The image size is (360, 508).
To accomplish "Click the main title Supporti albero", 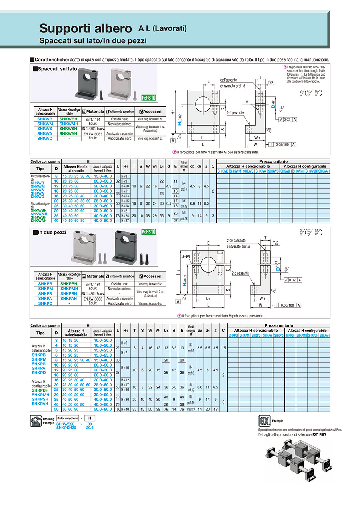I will click(x=86, y=29).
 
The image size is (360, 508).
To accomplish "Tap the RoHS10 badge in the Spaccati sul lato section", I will click(x=148, y=98).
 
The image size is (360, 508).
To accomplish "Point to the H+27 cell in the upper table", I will click(x=124, y=221).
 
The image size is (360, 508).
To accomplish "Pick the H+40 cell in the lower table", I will click(x=125, y=410).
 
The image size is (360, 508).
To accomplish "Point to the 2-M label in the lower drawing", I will click(x=186, y=256).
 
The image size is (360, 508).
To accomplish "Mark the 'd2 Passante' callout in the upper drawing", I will click(x=229, y=80).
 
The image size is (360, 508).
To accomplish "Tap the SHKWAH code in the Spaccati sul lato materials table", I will click(x=68, y=133).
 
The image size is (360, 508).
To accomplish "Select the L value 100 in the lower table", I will click(x=118, y=410).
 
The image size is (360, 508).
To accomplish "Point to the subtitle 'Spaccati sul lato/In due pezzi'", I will click(x=93, y=41).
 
